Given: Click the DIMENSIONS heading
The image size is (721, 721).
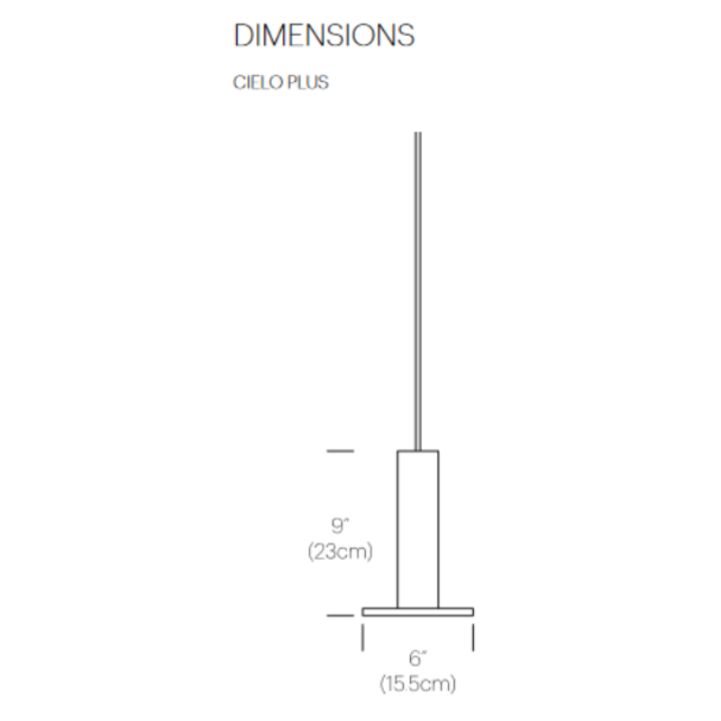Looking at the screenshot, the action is (x=324, y=35).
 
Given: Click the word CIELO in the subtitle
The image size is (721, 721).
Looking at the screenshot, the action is (x=258, y=83).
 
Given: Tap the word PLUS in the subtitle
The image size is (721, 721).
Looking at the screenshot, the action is (x=308, y=83).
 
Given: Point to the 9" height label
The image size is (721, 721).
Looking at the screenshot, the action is (x=341, y=525).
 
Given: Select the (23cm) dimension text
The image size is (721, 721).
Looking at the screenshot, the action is (x=341, y=552).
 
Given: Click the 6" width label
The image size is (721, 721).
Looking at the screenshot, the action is (x=417, y=658).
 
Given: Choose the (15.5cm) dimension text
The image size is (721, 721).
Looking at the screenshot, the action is (x=418, y=684).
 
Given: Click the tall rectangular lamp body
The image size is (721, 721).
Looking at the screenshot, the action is (x=418, y=529).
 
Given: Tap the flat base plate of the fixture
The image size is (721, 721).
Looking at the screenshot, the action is (x=418, y=612).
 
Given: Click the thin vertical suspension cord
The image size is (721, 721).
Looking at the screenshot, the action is (x=418, y=291).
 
